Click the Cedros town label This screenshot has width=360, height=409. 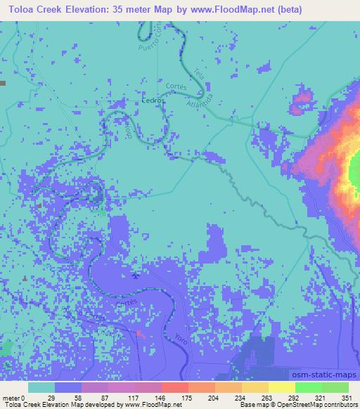pyautogui.click(x=152, y=100)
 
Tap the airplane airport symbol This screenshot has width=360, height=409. pyautogui.click(x=135, y=275)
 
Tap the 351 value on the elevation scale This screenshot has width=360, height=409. pyautogui.click(x=345, y=397)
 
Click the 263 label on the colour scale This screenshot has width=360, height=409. pyautogui.click(x=257, y=397)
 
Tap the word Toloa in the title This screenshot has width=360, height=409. pyautogui.click(x=24, y=10)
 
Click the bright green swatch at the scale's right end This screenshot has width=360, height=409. pyautogui.click(x=335, y=387)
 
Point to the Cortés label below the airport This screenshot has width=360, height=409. pyautogui.click(x=124, y=301)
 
